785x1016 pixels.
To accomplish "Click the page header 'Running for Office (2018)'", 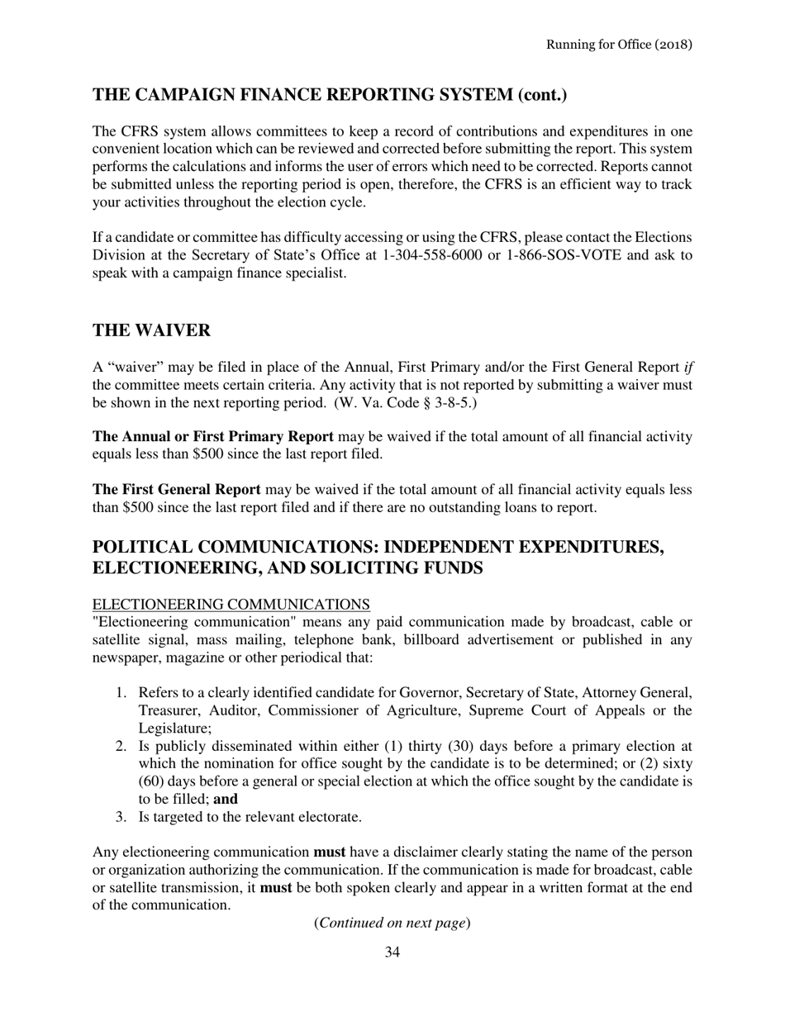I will click(619, 44).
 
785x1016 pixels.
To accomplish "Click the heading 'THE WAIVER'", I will click(151, 330).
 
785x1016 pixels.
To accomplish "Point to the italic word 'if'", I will click(687, 368).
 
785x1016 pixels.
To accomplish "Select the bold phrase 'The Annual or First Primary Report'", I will click(213, 436).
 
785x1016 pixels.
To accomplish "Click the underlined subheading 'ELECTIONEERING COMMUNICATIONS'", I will click(231, 605).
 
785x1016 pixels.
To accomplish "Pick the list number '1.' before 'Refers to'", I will click(121, 692).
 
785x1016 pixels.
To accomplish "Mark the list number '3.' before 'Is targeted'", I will click(121, 817).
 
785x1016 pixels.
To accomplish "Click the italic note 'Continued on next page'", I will click(392, 923).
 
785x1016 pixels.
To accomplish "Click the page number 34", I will click(392, 952).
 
